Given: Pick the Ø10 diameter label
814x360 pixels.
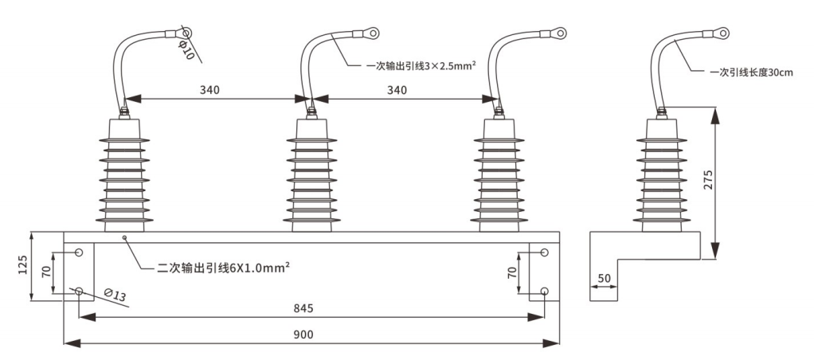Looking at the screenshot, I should click(184, 49).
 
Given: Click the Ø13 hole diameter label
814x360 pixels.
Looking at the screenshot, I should click(116, 296).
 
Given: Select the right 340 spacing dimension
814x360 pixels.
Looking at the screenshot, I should click(396, 90).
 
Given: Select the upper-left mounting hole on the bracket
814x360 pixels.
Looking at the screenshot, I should click(79, 252).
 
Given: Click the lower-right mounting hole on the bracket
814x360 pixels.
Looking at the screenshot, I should click(544, 291).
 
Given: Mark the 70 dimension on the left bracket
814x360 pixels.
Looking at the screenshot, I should click(46, 272).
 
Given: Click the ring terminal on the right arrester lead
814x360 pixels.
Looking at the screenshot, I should click(560, 33).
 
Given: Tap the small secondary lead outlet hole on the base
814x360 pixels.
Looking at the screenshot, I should click(124, 237).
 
